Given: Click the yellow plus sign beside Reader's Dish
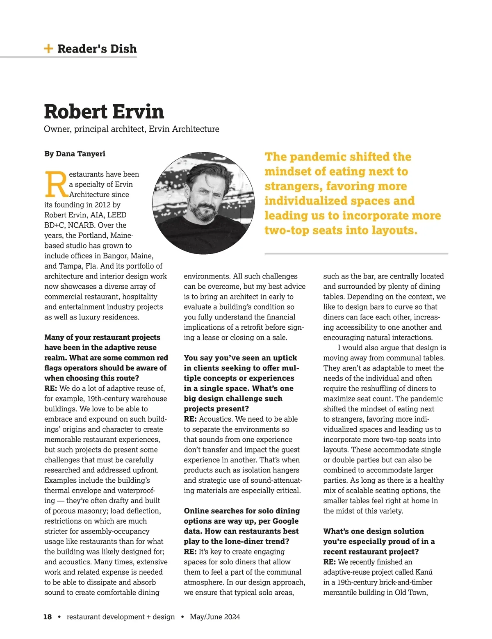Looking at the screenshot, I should pyautogui.click(x=48, y=49).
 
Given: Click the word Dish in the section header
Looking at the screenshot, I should pyautogui.click(x=122, y=49).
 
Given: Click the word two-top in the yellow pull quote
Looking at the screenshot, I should pyautogui.click(x=287, y=230).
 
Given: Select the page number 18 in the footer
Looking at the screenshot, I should pyautogui.click(x=48, y=617).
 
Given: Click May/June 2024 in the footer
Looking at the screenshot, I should pyautogui.click(x=215, y=617).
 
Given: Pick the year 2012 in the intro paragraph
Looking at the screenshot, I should pyautogui.click(x=102, y=205).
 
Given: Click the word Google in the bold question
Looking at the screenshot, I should pyautogui.click(x=285, y=521).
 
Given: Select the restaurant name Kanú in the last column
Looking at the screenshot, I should pyautogui.click(x=424, y=572).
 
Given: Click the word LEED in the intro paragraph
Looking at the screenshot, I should pyautogui.click(x=117, y=215).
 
